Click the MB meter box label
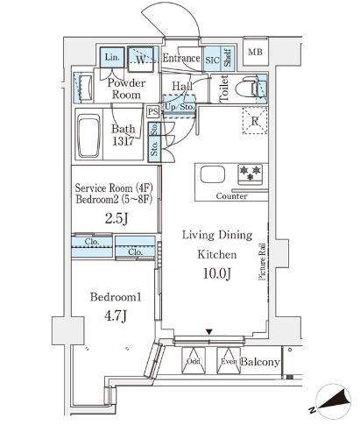(255, 53)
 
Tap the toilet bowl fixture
(247, 87)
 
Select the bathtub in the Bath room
(88, 136)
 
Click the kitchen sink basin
(213, 175)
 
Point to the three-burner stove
(250, 174)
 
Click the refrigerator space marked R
(255, 121)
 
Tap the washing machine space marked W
(140, 59)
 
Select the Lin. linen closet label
(112, 57)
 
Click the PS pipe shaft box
(153, 111)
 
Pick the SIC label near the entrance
(212, 60)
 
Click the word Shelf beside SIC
(228, 58)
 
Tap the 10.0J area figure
(217, 273)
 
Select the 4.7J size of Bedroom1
(116, 315)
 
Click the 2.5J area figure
(116, 218)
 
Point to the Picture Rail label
(262, 262)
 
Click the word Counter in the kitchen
(231, 196)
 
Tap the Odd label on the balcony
(194, 361)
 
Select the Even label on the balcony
(229, 361)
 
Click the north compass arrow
(335, 400)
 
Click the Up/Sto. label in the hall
(179, 107)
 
